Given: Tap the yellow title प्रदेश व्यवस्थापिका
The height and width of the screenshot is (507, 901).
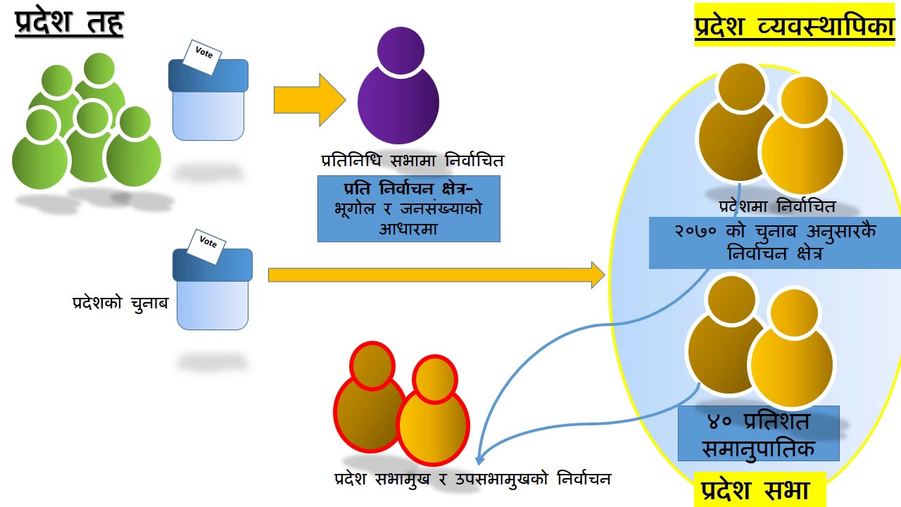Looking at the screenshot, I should (x=795, y=27).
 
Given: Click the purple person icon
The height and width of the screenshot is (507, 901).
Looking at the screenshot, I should (x=398, y=86).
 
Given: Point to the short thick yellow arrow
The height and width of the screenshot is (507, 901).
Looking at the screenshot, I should (x=309, y=100).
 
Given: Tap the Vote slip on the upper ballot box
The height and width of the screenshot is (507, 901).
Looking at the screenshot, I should (x=203, y=54).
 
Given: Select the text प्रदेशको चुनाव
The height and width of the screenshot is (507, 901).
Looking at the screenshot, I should (x=120, y=303).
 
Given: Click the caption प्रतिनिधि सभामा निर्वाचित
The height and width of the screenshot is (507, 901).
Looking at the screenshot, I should (x=412, y=161).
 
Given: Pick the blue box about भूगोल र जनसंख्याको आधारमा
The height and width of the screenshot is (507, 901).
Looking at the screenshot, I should (x=409, y=209).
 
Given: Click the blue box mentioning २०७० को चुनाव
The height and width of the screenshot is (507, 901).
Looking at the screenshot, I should (x=774, y=242).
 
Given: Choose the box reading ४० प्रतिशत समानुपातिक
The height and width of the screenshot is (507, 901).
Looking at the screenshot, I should (x=759, y=434).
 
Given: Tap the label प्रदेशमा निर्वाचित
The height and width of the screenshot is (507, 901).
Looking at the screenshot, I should (x=777, y=207).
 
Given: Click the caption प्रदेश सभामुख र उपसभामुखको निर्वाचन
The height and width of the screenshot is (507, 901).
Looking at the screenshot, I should (x=472, y=479).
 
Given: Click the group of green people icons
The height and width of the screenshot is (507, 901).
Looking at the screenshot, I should (x=86, y=130).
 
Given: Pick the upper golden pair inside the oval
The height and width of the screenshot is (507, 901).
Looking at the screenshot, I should (x=771, y=130).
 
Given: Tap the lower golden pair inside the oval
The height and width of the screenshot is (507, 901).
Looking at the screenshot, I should (x=760, y=342).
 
